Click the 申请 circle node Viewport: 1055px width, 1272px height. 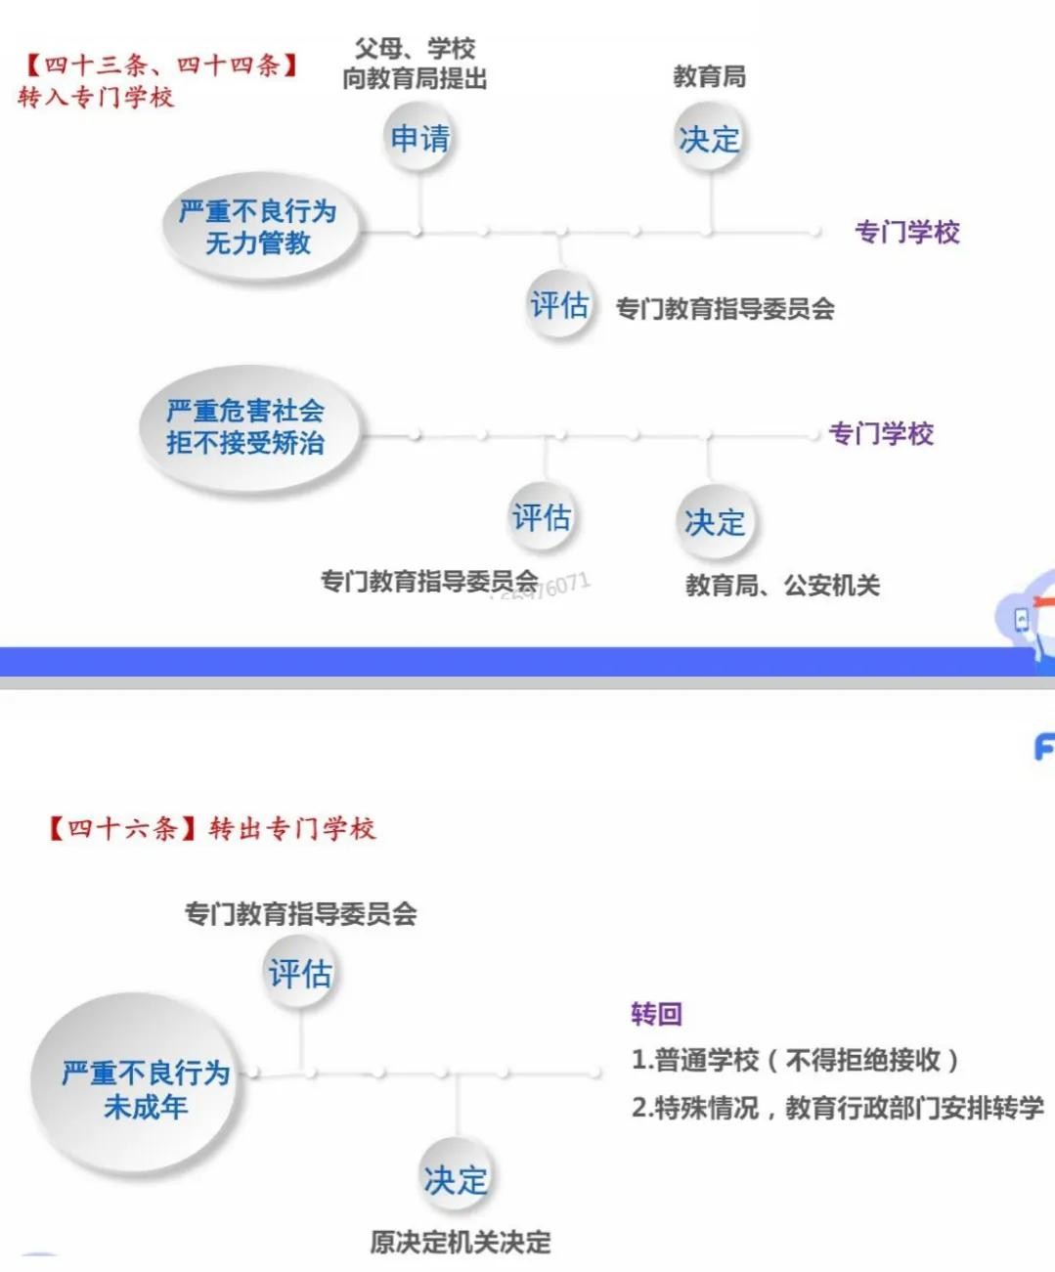[x=419, y=138]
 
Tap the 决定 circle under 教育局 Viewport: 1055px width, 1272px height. [x=709, y=138]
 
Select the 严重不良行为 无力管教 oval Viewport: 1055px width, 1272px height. [x=259, y=227]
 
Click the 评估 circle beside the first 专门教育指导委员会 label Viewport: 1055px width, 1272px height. [x=559, y=305]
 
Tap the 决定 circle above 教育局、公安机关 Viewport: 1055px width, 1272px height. [x=715, y=522]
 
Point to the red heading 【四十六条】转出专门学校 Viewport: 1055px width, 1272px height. [x=211, y=829]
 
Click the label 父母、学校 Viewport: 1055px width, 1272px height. [x=415, y=48]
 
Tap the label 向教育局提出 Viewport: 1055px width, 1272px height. [x=415, y=78]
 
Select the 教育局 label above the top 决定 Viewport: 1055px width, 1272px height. [x=710, y=77]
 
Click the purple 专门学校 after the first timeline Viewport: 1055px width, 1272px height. [x=907, y=232]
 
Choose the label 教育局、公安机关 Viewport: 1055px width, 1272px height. [x=783, y=586]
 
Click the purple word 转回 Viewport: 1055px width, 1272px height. [x=656, y=1014]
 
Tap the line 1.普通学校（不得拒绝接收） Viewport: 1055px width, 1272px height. [x=796, y=1061]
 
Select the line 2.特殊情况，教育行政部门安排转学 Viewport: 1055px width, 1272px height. [x=838, y=1108]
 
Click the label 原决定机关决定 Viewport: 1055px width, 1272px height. [x=461, y=1242]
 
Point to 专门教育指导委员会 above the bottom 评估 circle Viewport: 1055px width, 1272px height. [x=301, y=914]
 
